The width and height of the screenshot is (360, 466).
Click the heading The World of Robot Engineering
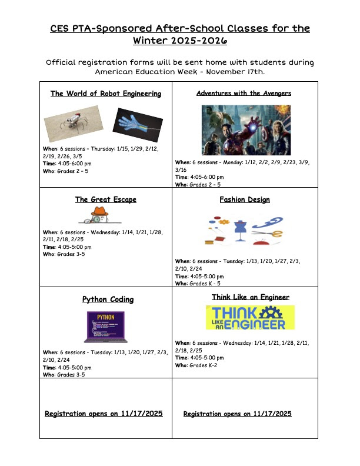coord(106,94)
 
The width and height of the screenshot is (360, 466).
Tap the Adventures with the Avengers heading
coord(244,94)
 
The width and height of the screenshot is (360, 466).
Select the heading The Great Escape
coord(106,199)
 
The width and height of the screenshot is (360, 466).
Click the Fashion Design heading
coord(245,199)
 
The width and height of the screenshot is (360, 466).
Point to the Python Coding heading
coord(108,299)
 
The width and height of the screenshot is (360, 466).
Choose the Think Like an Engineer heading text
coord(251,297)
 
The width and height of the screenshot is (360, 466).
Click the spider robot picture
coord(74,124)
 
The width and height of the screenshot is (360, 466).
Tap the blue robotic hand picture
coord(137,125)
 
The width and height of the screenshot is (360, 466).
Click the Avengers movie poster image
coord(246,130)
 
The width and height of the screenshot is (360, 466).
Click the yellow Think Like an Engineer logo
coord(251,318)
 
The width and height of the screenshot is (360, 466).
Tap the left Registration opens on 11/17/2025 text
coord(104,414)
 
